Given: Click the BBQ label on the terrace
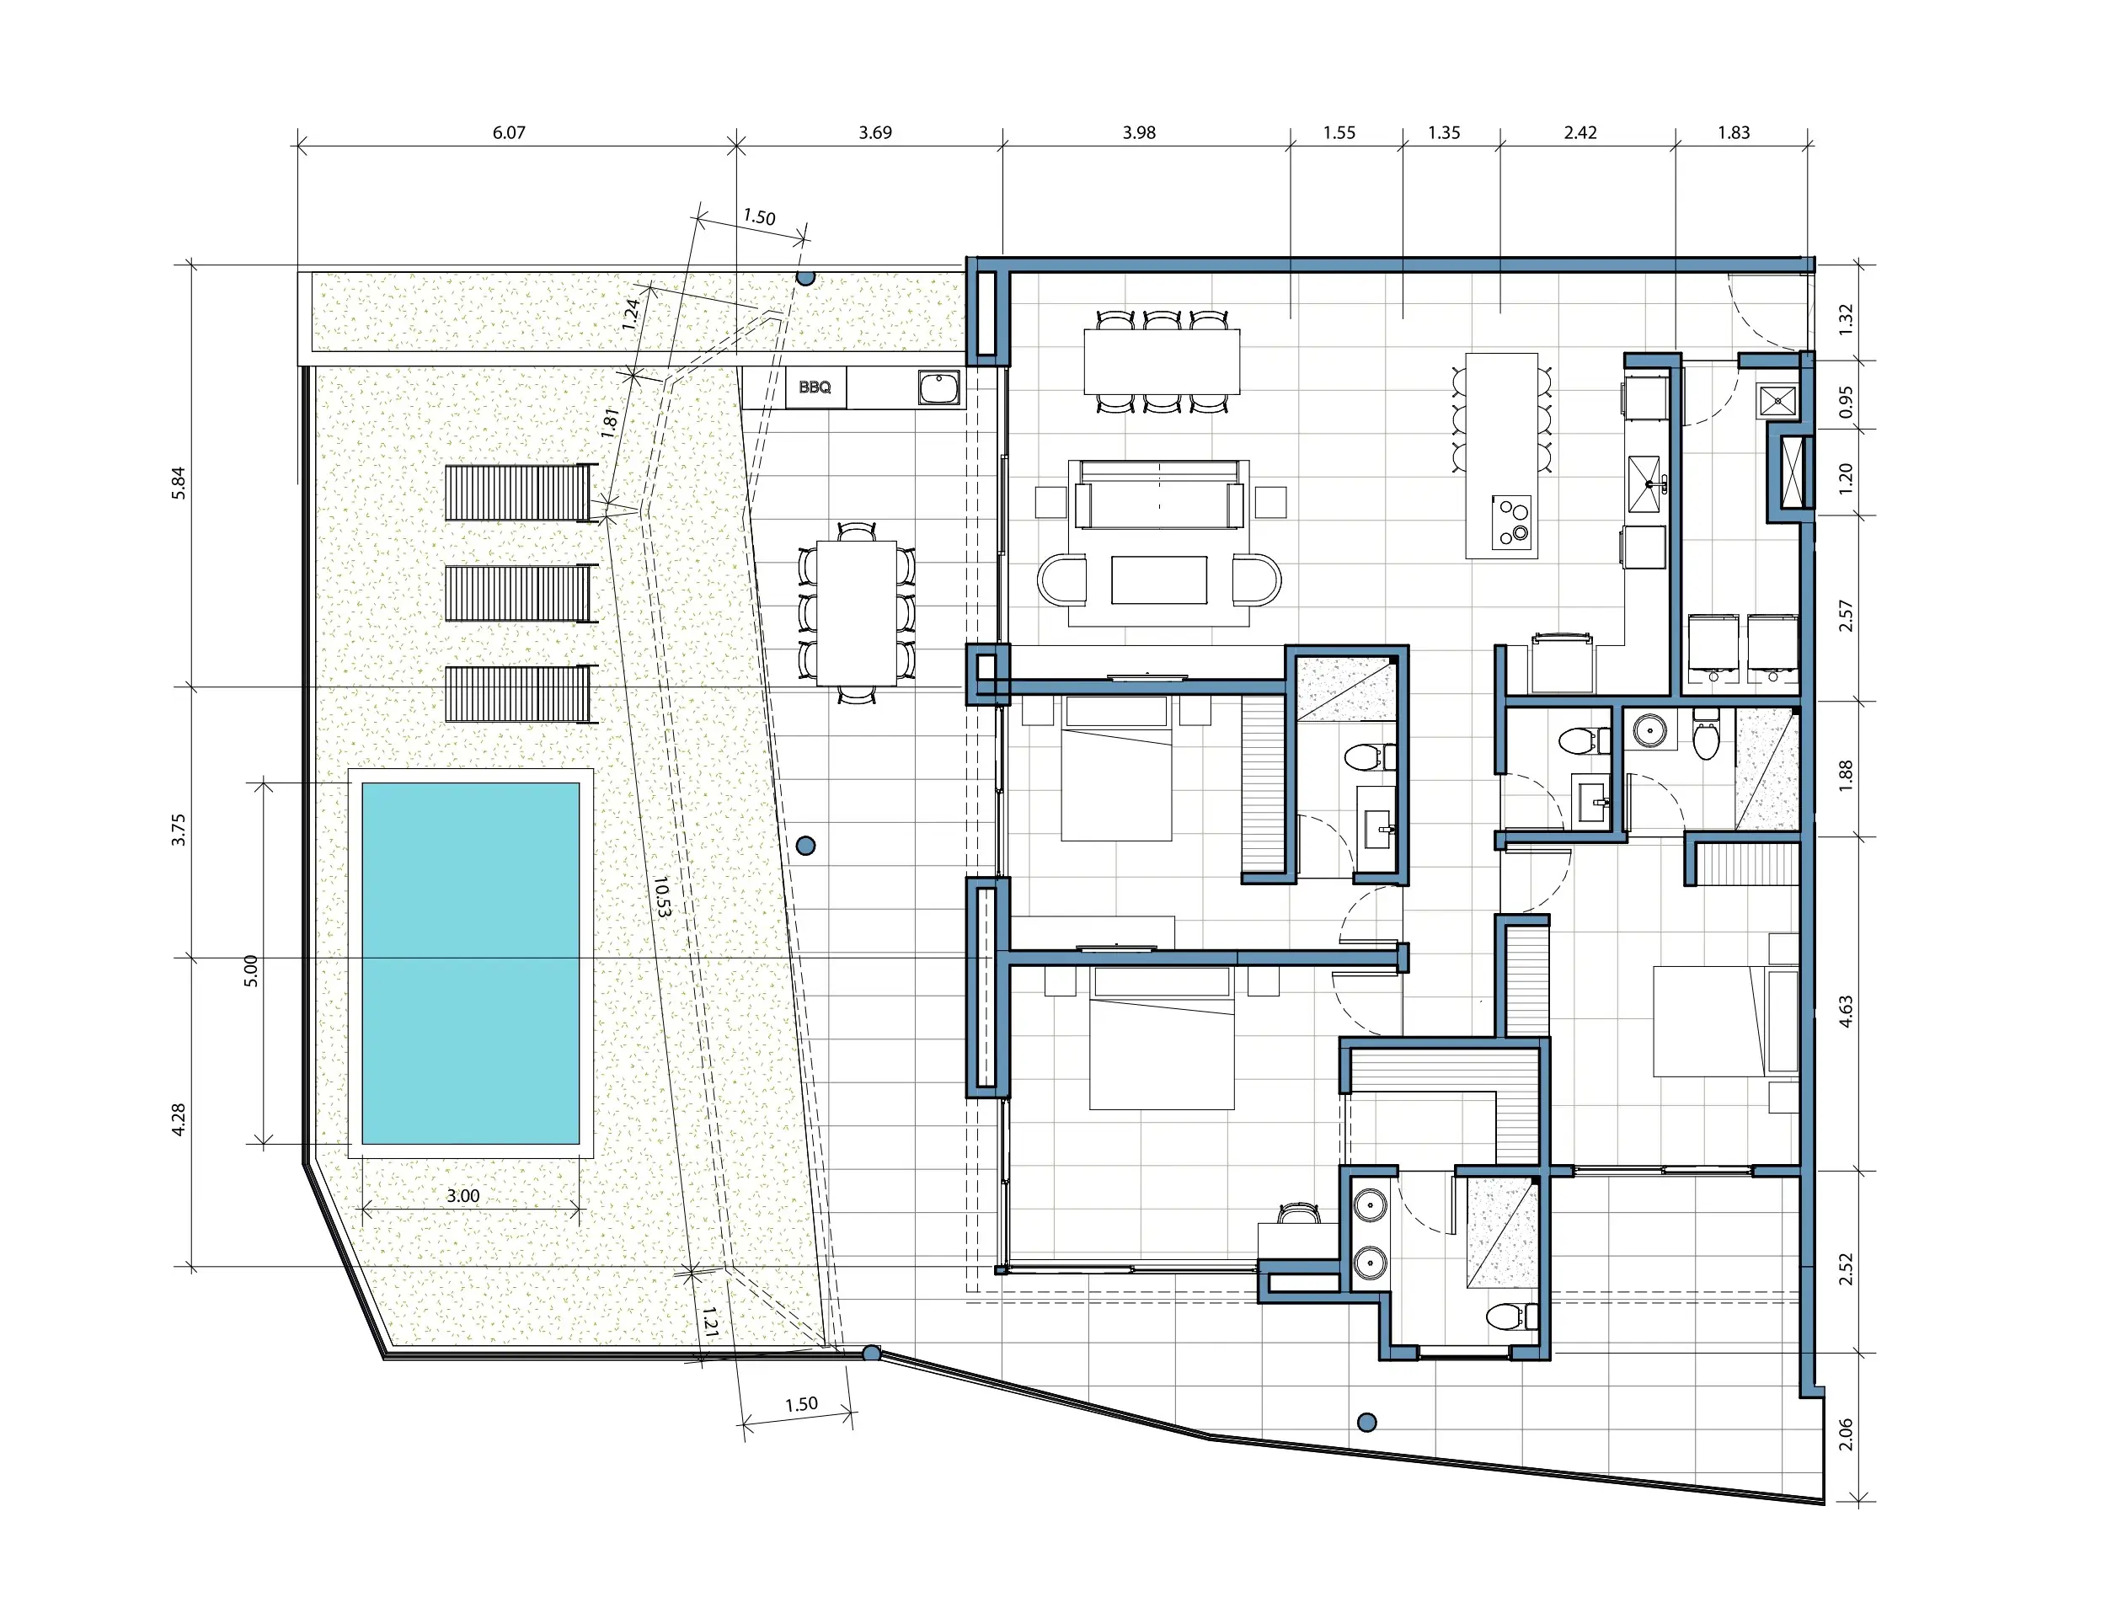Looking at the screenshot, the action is click(815, 387).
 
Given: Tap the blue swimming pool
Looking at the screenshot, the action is click(471, 963).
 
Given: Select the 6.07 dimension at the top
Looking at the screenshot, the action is click(509, 132).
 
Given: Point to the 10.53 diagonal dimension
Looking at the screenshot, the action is click(661, 896).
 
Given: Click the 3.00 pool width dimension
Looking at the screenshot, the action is click(462, 1195).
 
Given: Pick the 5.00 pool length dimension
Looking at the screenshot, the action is click(251, 970).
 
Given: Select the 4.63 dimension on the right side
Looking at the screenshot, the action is click(1845, 1011).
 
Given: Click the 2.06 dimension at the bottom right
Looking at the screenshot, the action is click(1845, 1434).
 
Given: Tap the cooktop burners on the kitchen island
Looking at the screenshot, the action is click(1510, 522).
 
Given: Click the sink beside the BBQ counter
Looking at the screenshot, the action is click(938, 388).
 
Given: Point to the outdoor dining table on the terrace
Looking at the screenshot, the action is click(857, 613).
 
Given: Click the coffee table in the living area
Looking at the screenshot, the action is click(1159, 580).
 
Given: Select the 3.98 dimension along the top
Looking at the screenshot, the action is click(1139, 132).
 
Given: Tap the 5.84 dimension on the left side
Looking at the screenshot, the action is click(178, 483).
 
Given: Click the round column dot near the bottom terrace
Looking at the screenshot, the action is click(1367, 1422).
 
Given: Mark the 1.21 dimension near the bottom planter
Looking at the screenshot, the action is click(709, 1321).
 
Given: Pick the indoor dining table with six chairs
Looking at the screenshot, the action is click(1162, 361).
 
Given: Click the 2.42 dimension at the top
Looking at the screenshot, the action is click(1579, 132).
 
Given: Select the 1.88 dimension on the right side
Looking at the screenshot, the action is click(1845, 776).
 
